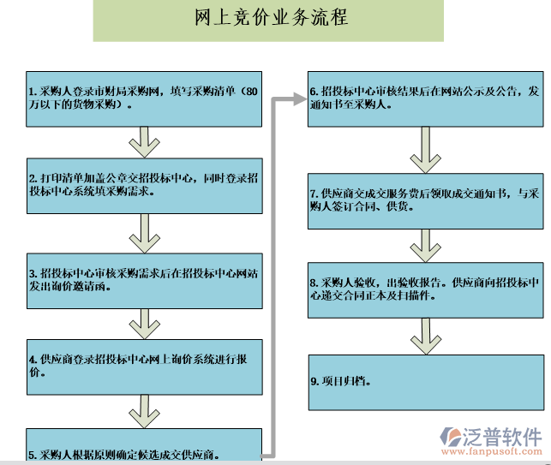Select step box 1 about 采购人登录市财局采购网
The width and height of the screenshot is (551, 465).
(x=144, y=98)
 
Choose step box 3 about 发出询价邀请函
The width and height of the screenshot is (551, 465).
(x=144, y=280)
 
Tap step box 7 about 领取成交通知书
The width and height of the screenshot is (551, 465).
(x=426, y=200)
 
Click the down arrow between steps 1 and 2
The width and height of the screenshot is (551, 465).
(x=144, y=141)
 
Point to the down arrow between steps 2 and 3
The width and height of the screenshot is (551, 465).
(x=144, y=230)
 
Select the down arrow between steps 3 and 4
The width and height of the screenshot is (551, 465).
(x=144, y=324)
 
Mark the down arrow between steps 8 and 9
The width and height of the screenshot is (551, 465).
(x=425, y=334)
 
